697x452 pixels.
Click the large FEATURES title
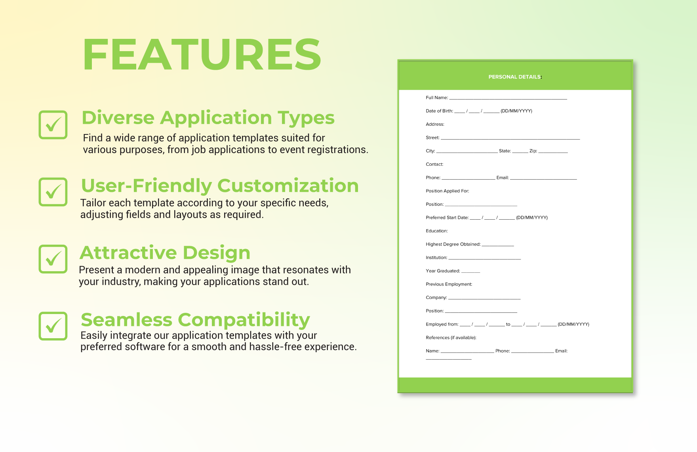202,54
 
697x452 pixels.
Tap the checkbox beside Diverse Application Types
53,125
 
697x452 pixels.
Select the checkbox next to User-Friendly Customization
53,192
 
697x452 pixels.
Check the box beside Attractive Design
53,259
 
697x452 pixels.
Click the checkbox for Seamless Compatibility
53,326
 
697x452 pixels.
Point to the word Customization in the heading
288,186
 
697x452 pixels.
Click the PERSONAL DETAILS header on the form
515,77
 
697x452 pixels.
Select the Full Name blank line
508,98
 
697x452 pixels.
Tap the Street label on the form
432,138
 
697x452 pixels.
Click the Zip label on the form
533,151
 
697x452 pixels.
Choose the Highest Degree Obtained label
453,244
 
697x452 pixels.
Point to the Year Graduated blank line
471,272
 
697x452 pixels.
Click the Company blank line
484,299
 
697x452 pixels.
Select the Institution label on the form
436,258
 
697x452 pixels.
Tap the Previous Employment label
449,284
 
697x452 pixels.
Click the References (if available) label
451,338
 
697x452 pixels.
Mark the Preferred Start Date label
447,218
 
